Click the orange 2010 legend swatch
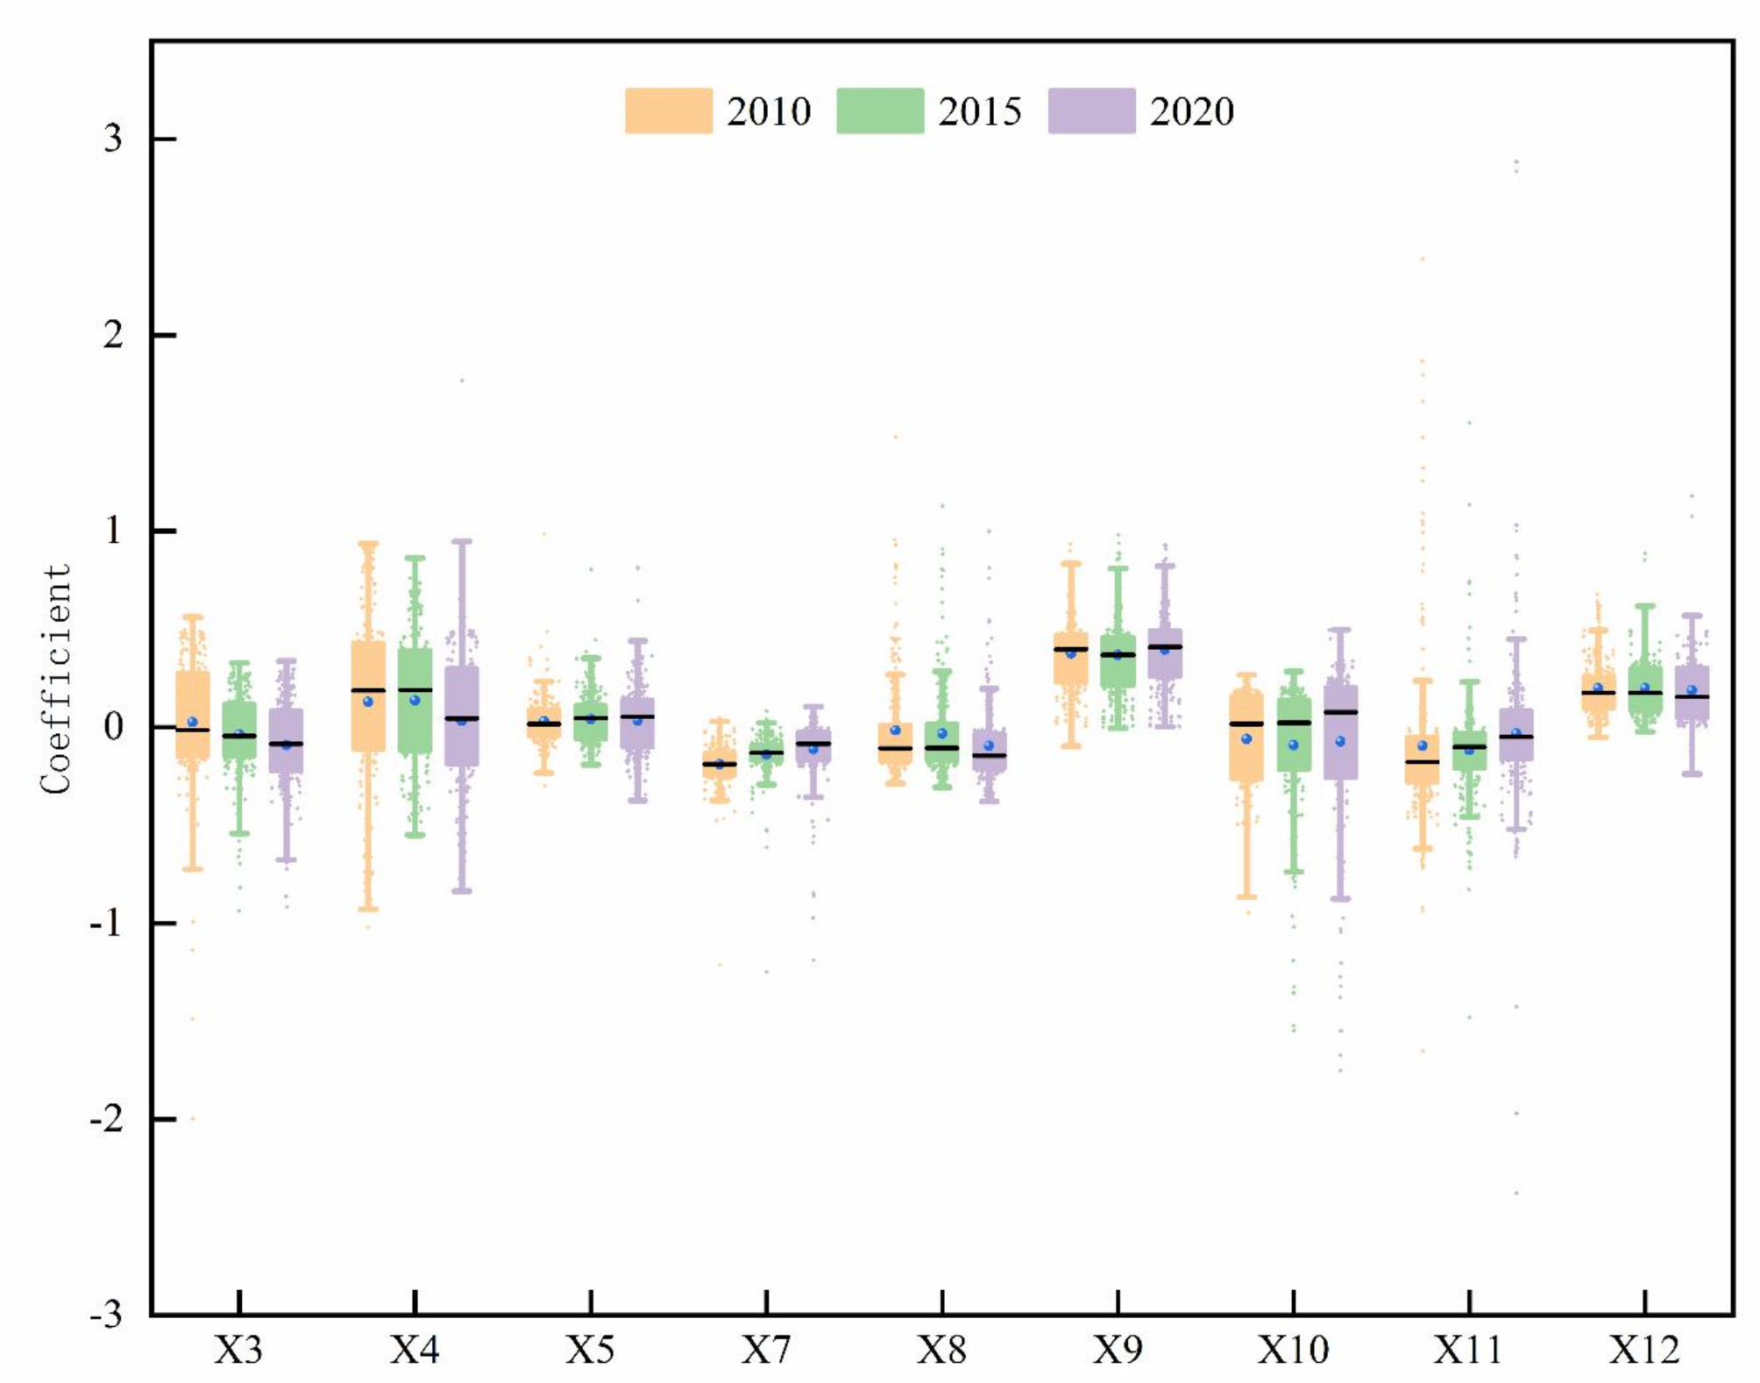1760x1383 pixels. coord(668,111)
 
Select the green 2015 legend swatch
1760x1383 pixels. coord(880,111)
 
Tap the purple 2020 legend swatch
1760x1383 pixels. coord(1091,111)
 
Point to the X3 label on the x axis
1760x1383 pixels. coord(238,1350)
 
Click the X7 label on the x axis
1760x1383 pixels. coord(766,1350)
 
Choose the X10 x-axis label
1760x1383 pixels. coord(1293,1350)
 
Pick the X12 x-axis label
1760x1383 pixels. coord(1644,1350)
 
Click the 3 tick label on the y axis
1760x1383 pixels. coord(113,139)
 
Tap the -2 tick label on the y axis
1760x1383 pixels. coord(107,1119)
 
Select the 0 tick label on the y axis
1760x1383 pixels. coord(113,727)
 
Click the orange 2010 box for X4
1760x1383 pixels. coord(368,719)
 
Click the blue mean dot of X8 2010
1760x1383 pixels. coord(895,730)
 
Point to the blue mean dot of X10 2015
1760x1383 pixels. coord(1293,745)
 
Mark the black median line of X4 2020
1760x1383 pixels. coord(462,718)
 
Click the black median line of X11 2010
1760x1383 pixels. coord(1422,761)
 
